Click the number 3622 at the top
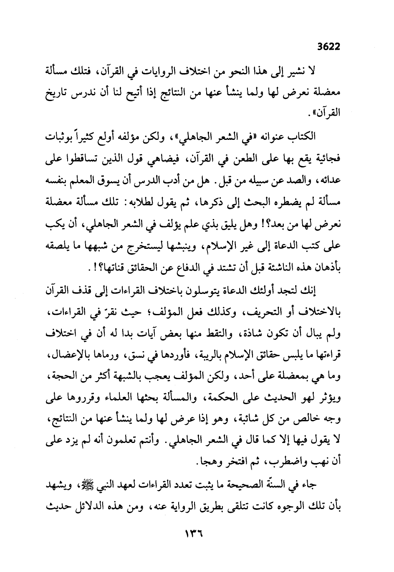coord(328,46)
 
